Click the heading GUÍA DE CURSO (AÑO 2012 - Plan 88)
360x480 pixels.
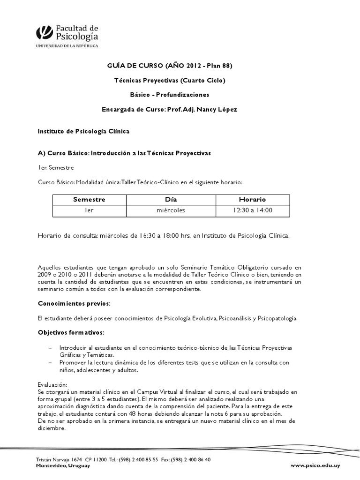point(170,66)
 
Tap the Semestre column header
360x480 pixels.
point(89,199)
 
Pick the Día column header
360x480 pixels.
point(171,199)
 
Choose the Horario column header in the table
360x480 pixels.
point(252,199)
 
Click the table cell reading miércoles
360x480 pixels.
point(171,210)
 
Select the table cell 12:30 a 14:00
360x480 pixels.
point(252,210)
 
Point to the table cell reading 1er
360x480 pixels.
point(89,210)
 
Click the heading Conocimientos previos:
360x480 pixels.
point(74,303)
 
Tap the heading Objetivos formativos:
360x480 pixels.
point(71,332)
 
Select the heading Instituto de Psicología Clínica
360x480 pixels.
point(83,132)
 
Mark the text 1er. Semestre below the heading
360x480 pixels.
point(56,167)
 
